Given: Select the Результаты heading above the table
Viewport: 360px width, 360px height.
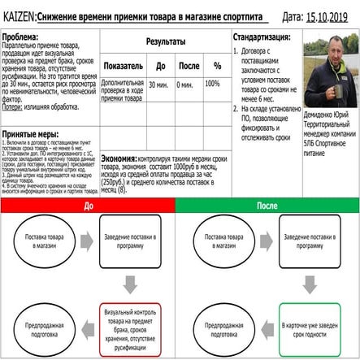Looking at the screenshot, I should pyautogui.click(x=165, y=41).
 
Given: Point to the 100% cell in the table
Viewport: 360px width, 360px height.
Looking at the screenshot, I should pyautogui.click(x=212, y=84).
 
